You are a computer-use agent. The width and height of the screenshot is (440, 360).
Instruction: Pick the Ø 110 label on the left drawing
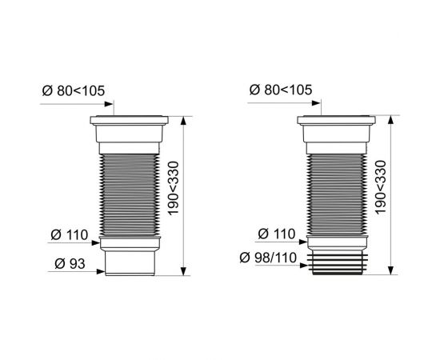coord(68,234)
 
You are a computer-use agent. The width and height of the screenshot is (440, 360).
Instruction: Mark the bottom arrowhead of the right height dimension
coord(390,270)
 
